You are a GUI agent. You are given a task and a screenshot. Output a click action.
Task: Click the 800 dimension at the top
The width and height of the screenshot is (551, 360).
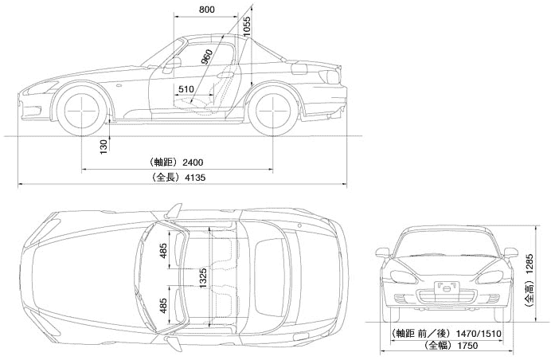[x=205, y=10]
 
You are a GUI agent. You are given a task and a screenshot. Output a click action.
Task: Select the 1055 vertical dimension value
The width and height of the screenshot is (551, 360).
[x=247, y=30]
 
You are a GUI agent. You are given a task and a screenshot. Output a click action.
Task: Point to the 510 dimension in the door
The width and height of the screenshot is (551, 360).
[x=186, y=89]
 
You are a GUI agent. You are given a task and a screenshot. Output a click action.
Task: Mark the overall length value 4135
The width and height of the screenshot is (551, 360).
[x=194, y=178]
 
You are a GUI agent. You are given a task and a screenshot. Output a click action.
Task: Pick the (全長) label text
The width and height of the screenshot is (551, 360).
[x=165, y=178]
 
